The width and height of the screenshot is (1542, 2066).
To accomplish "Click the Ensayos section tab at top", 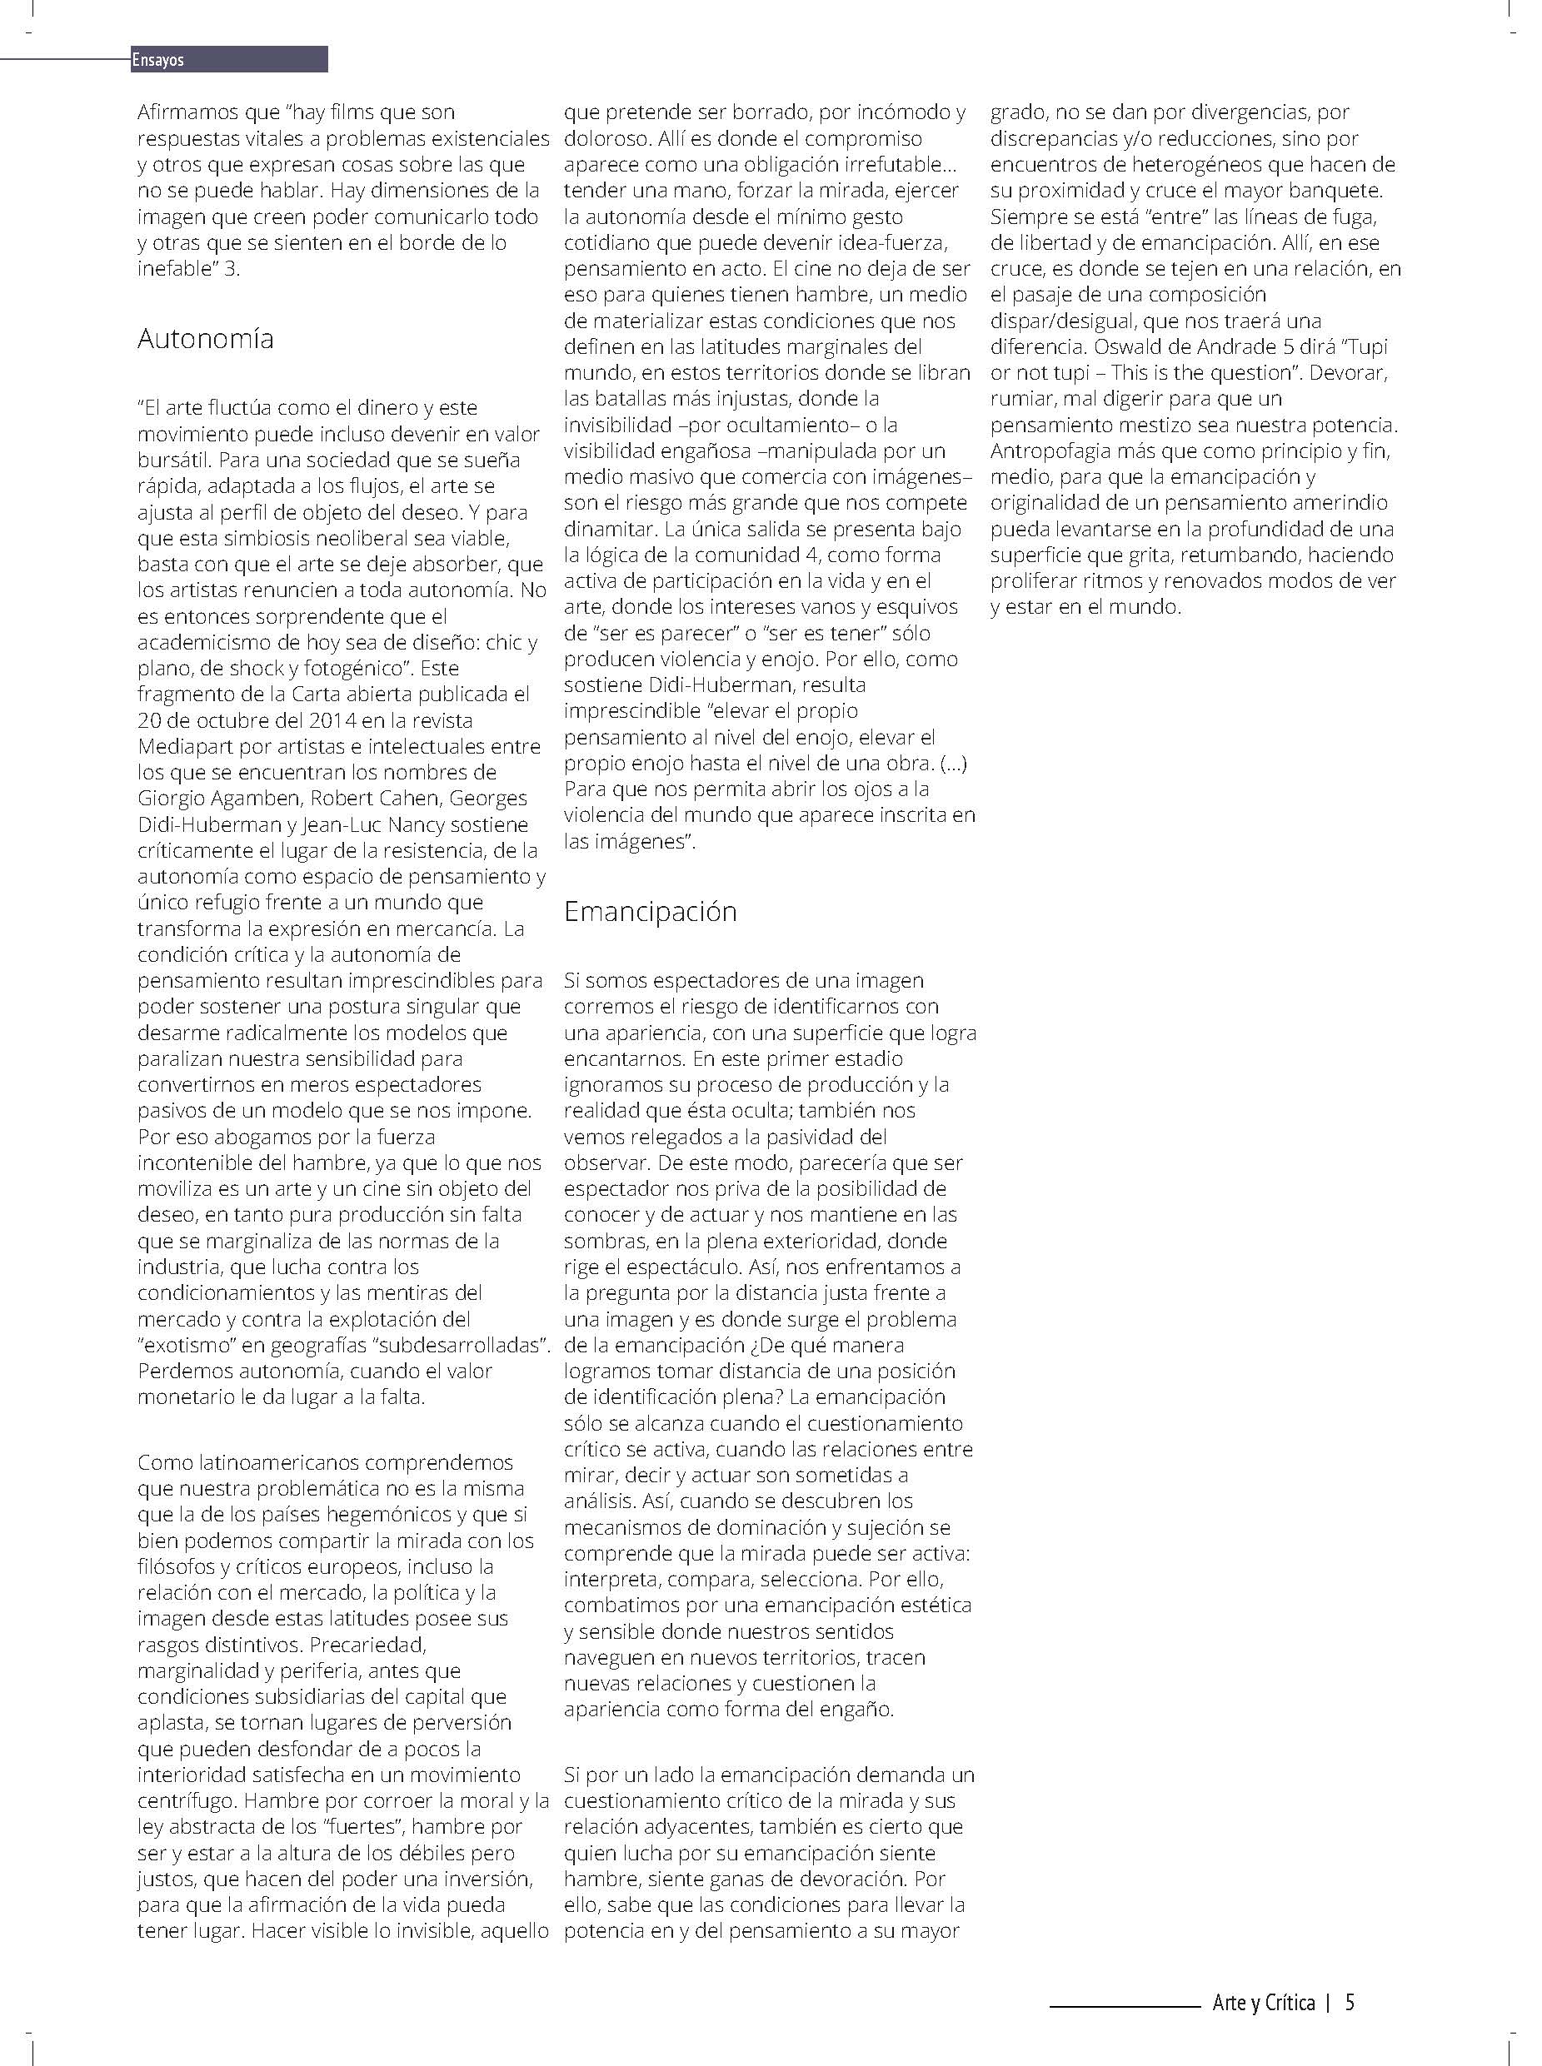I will (x=158, y=61).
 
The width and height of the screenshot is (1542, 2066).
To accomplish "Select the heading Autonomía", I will (x=206, y=338).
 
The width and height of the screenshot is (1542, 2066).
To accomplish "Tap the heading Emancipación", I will (x=650, y=911).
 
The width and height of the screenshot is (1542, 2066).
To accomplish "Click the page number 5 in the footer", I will (x=1350, y=2002).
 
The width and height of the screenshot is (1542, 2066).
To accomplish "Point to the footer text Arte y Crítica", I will (x=1263, y=2002).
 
